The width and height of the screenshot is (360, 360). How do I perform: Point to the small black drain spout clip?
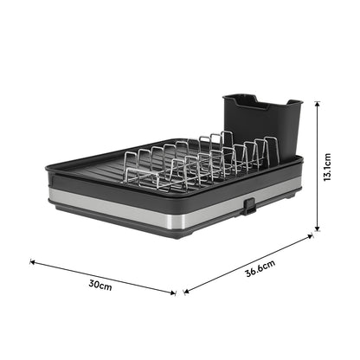[x=248, y=207]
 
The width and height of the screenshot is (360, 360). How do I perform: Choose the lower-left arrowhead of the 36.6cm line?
[x=185, y=292]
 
